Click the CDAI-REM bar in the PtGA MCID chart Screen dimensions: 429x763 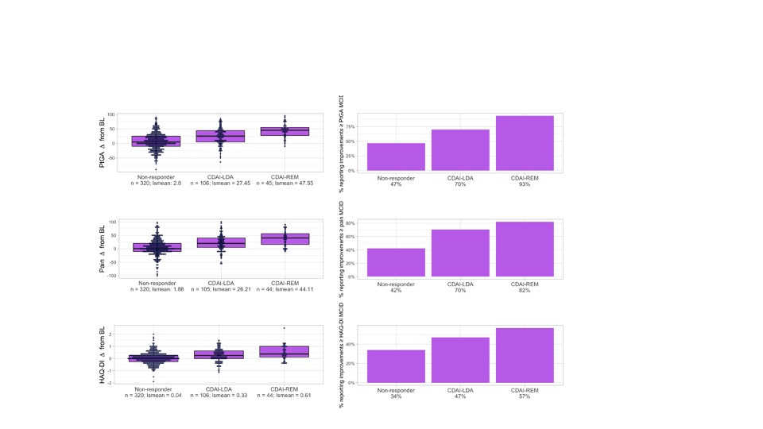525,143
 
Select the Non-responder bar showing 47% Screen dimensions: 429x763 396,157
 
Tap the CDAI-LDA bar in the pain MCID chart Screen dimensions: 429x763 460,253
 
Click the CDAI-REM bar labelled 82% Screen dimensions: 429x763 525,249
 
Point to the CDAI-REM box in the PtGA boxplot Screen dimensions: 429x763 285,131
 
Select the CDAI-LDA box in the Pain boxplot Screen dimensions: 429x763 221,242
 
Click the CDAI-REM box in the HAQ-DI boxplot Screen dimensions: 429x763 285,351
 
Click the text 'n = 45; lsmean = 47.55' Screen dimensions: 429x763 285,184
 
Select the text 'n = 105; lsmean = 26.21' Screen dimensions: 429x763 221,290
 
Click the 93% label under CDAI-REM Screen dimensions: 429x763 525,184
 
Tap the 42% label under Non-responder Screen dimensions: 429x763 396,290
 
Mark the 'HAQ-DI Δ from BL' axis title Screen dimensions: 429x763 103,354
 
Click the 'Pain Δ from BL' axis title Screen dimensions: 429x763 103,247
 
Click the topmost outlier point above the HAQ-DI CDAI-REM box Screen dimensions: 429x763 285,328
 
